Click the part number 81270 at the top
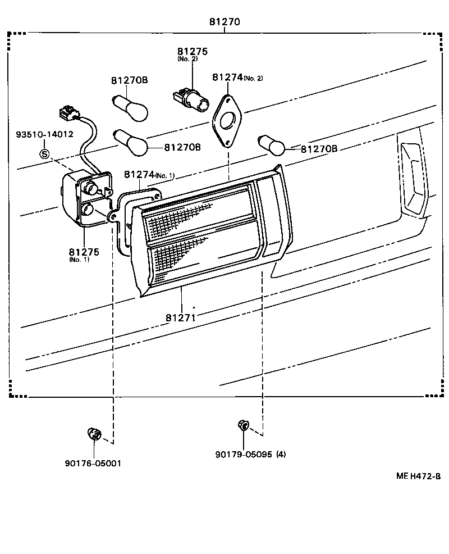pyautogui.click(x=224, y=22)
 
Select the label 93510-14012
pyautogui.click(x=44, y=134)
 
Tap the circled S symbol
pyautogui.click(x=44, y=154)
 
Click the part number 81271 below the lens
pyautogui.click(x=180, y=317)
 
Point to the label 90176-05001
pyautogui.click(x=93, y=463)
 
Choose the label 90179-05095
pyautogui.click(x=244, y=455)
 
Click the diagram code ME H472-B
pyautogui.click(x=418, y=476)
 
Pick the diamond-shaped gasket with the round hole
pyautogui.click(x=227, y=121)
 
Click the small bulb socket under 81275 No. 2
pyautogui.click(x=191, y=101)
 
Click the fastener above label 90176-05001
pyautogui.click(x=94, y=434)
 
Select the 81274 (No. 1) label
pyautogui.click(x=149, y=175)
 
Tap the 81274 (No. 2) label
pyautogui.click(x=237, y=78)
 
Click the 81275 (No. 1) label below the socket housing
pyautogui.click(x=84, y=255)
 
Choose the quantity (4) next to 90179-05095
pyautogui.click(x=281, y=455)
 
